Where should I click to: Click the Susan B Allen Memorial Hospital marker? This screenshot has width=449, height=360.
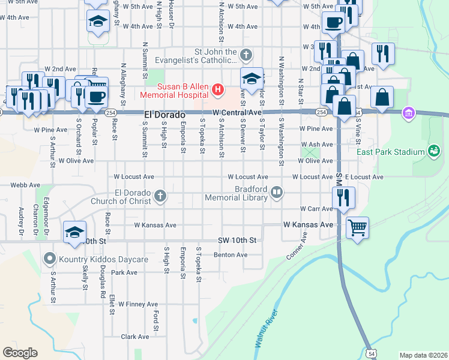(x=217, y=91)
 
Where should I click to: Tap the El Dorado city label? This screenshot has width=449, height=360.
(x=163, y=113)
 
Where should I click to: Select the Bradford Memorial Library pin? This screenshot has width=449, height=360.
(x=277, y=193)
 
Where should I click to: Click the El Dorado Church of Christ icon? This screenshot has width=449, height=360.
(x=160, y=196)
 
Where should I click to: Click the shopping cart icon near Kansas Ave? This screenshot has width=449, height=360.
(x=357, y=227)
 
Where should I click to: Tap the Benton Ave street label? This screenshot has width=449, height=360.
(x=231, y=255)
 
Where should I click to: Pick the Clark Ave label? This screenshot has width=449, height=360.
(x=134, y=337)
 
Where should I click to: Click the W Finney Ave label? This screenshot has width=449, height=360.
(x=137, y=304)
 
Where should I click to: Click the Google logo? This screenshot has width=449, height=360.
(x=20, y=353)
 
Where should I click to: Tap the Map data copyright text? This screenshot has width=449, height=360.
(x=423, y=355)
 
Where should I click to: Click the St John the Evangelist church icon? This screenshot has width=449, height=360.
(x=245, y=56)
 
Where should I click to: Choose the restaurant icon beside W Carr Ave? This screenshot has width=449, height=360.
(x=343, y=197)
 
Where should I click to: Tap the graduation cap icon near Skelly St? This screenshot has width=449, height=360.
(x=74, y=232)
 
